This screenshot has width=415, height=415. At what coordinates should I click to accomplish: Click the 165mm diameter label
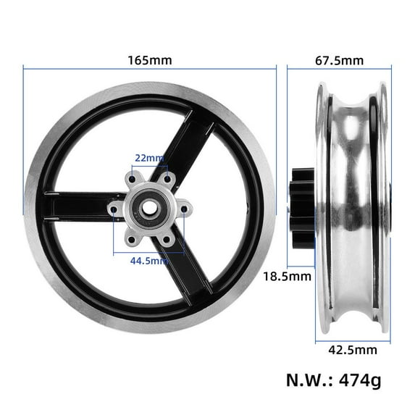point(149,59)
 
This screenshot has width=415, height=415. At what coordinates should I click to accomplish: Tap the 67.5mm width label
point(339,59)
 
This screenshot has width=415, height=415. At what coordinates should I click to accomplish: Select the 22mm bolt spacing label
point(149,157)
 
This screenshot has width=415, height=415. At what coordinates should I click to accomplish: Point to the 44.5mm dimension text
point(151,261)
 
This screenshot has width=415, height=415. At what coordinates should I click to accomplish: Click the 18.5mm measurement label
point(288,276)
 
